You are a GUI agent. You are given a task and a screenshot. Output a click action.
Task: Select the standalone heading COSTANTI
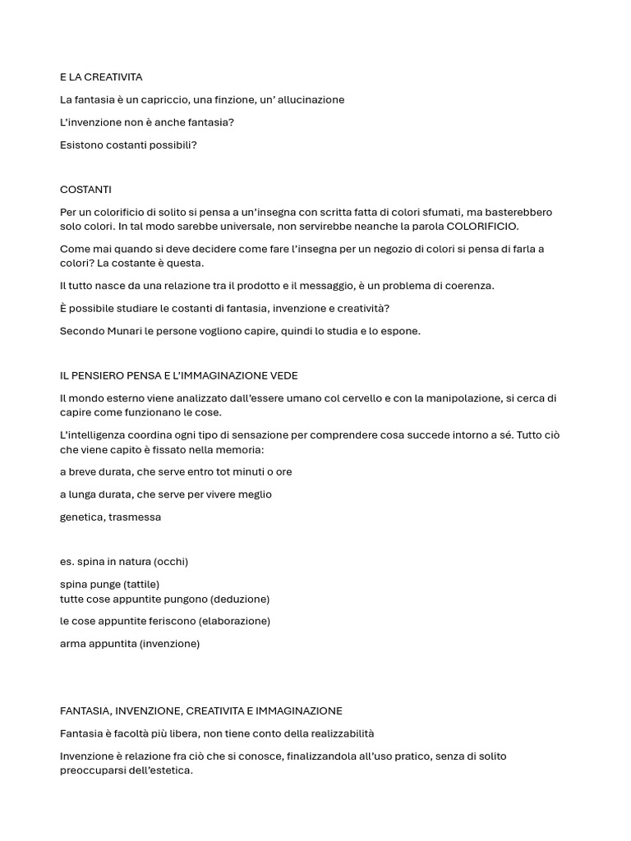(85, 190)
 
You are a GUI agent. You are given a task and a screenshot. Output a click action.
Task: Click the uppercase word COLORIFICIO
(482, 227)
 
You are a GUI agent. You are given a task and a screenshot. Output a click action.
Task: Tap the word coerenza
(467, 286)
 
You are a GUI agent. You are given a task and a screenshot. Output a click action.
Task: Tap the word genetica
(82, 517)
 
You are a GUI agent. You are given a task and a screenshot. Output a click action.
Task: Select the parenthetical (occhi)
(170, 562)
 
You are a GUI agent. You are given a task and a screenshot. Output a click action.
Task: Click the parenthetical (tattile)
(141, 585)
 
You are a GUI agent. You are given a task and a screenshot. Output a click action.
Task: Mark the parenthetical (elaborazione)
(234, 622)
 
